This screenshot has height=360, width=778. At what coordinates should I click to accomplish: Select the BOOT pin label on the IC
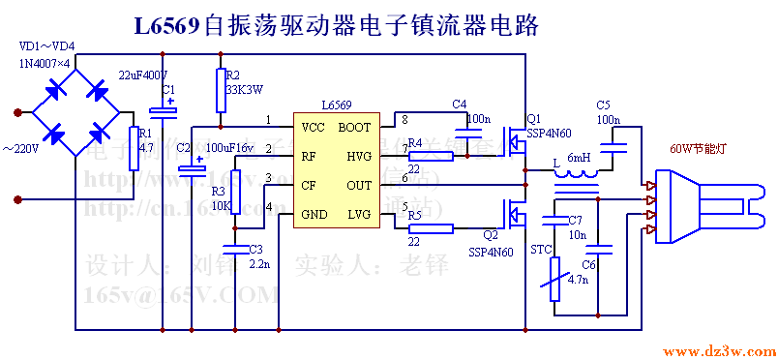[353, 127]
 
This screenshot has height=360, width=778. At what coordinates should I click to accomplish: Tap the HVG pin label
[357, 156]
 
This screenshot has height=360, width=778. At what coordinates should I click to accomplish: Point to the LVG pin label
[357, 213]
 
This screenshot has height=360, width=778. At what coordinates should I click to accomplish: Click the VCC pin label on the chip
[313, 127]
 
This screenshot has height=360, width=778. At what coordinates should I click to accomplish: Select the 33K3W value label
[244, 89]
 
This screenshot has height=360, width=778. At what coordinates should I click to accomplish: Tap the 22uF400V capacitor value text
[143, 75]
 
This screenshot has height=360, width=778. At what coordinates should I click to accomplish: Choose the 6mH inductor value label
[579, 158]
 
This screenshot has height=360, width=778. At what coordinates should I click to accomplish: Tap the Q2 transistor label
[490, 233]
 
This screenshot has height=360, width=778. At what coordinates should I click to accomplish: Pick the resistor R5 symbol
[430, 228]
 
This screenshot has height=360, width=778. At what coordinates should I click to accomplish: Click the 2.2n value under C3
[260, 263]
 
